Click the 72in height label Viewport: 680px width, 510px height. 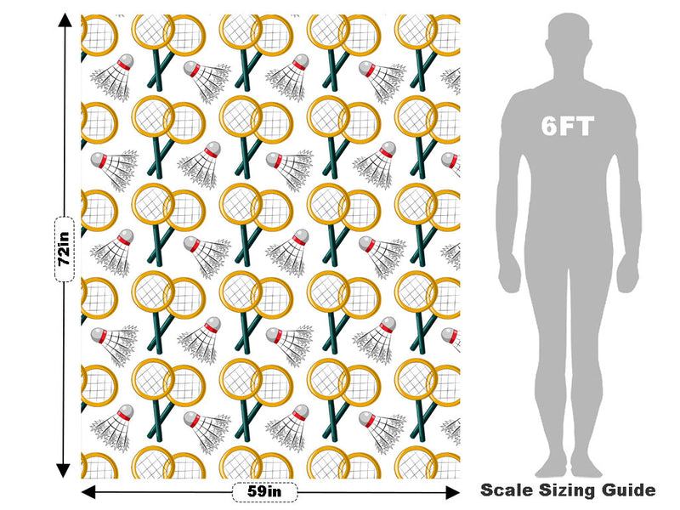pyautogui.click(x=65, y=249)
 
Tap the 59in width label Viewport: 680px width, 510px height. pyautogui.click(x=264, y=492)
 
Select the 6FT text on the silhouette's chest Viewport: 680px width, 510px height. pyautogui.click(x=567, y=126)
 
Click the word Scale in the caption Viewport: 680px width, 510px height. pyautogui.click(x=507, y=490)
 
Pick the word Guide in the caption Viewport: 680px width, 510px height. pyautogui.click(x=628, y=490)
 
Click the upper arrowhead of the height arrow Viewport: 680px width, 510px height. pyautogui.click(x=65, y=20)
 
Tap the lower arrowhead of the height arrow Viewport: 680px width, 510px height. pyautogui.click(x=64, y=471)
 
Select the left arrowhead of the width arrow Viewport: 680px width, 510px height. pyautogui.click(x=88, y=492)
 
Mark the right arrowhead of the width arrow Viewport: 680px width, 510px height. pyautogui.click(x=453, y=492)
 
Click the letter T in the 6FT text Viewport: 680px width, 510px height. pyautogui.click(x=585, y=127)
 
